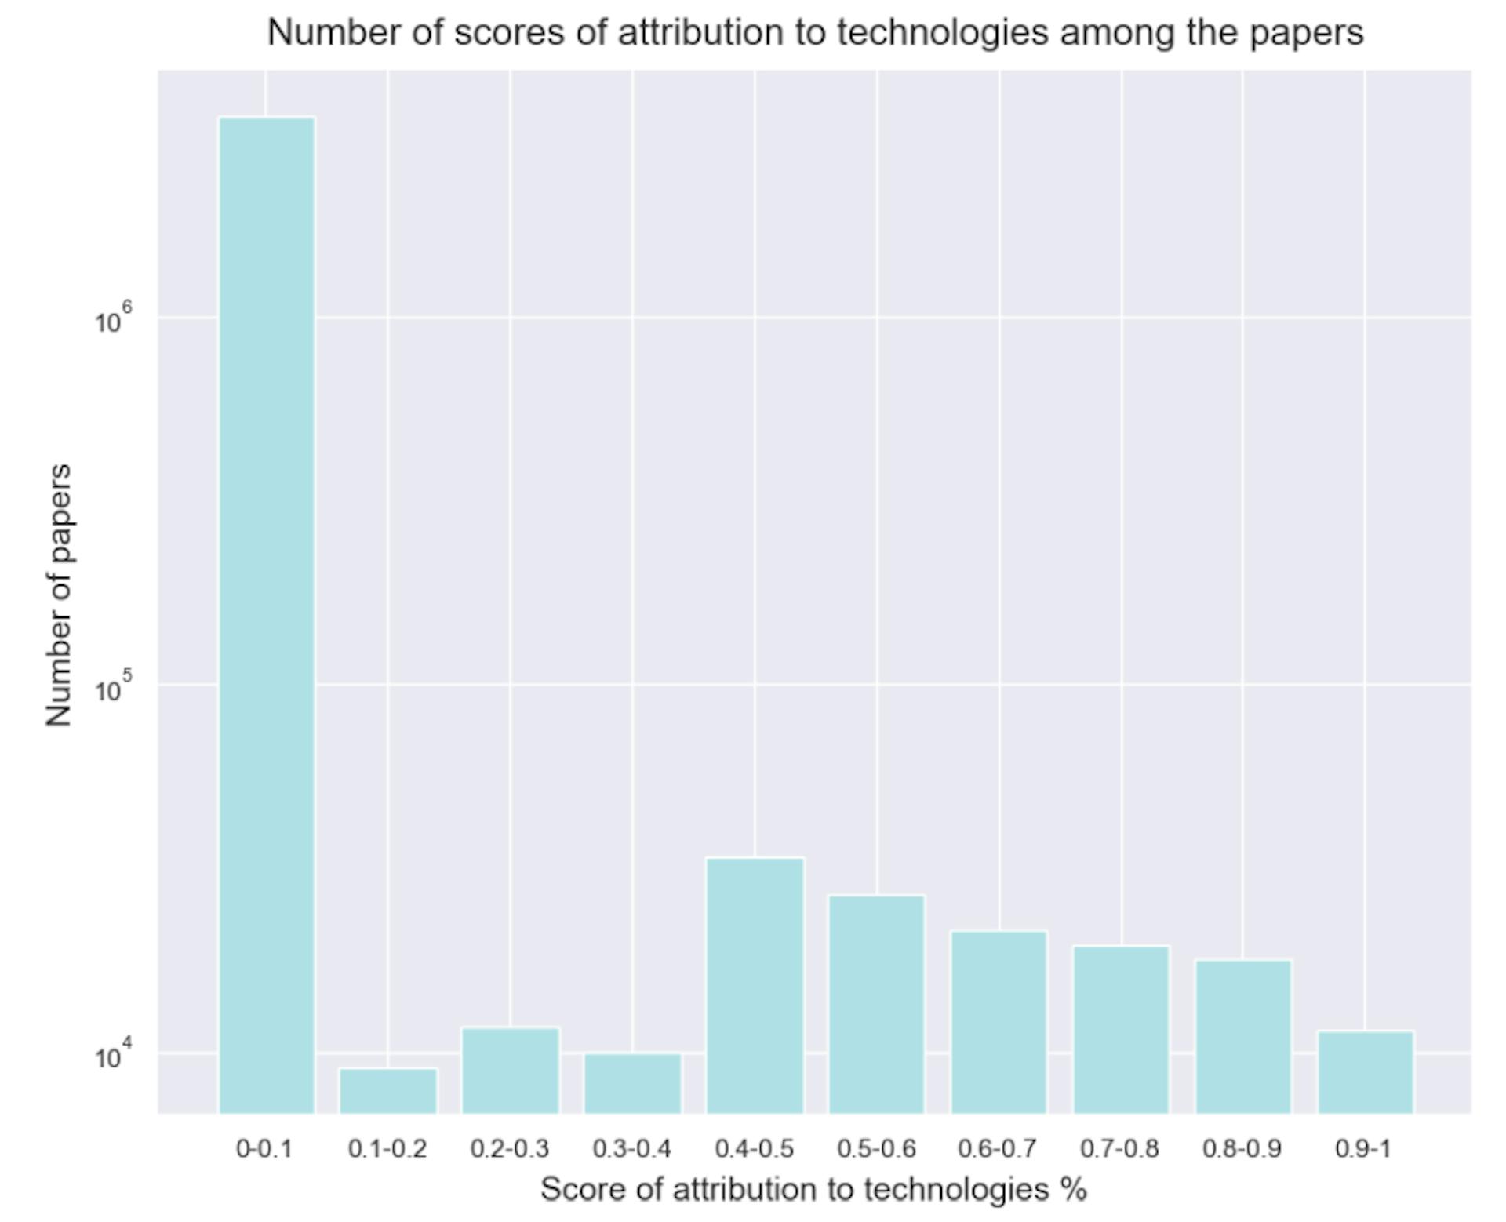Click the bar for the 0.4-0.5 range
pyautogui.click(x=755, y=985)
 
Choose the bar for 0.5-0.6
pyautogui.click(x=877, y=1004)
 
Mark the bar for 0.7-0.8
pyautogui.click(x=1122, y=1029)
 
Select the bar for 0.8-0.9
pyautogui.click(x=1243, y=1036)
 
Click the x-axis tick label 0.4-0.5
pyautogui.click(x=755, y=1149)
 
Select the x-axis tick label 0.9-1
pyautogui.click(x=1364, y=1149)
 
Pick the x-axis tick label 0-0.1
pyautogui.click(x=264, y=1149)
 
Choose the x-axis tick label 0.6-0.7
pyautogui.click(x=998, y=1149)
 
